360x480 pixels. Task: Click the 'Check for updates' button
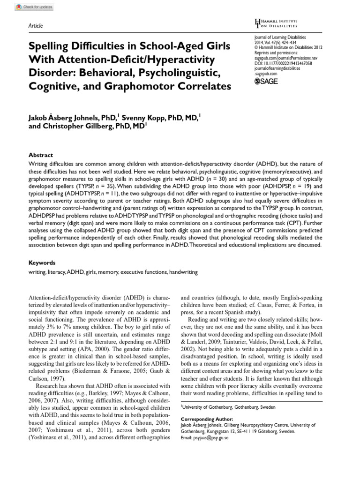(x=34, y=7)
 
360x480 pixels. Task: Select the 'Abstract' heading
(x=41, y=155)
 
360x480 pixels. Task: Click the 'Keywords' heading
(x=42, y=263)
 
